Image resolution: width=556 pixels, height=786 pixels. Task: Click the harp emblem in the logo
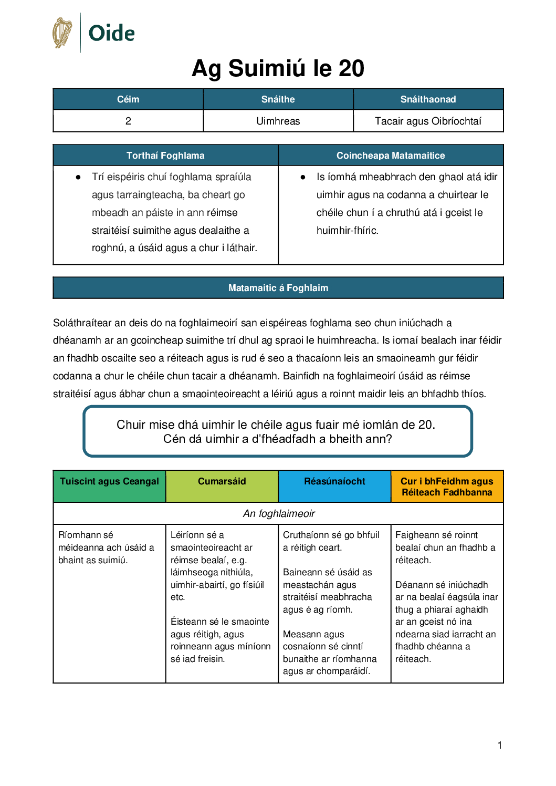[62, 33]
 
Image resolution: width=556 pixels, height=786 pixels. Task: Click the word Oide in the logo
[111, 33]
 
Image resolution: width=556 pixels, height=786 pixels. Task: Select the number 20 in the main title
[351, 69]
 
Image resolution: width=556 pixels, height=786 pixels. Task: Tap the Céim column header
[128, 99]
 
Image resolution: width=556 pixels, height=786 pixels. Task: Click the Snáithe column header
[278, 99]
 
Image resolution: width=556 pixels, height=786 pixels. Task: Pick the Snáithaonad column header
[428, 99]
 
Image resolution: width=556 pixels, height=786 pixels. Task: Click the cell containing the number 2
[128, 121]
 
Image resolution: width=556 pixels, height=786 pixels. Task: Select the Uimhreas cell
[278, 121]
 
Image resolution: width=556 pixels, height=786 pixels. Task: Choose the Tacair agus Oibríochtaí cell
[428, 121]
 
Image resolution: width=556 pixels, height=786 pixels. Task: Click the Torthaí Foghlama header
[165, 156]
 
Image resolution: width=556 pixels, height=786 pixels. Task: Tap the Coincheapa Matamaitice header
[391, 156]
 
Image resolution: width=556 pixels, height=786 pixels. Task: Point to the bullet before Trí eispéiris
[78, 178]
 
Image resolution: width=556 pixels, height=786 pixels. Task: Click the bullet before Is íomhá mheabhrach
[303, 178]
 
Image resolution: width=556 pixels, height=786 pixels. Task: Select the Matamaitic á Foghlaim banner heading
[278, 288]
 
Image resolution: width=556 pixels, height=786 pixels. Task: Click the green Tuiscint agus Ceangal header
[109, 482]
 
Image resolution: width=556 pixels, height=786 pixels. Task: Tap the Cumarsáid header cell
[222, 482]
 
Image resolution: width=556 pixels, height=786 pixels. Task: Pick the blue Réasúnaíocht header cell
[334, 482]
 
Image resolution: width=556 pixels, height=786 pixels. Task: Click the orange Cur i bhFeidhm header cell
[447, 487]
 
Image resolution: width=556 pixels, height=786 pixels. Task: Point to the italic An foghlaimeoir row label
[279, 513]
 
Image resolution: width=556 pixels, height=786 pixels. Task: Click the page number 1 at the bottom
[500, 745]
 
